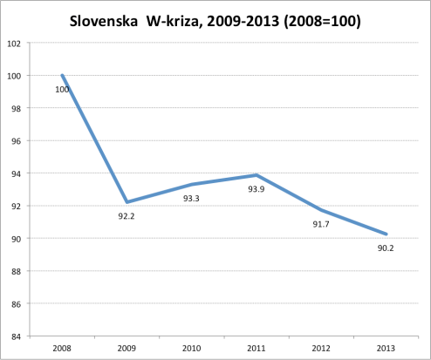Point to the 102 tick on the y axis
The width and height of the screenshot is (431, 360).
pos(15,43)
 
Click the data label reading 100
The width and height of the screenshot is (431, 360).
pos(62,89)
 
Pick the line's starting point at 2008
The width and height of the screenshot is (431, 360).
pos(62,75)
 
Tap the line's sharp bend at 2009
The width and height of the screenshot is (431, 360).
pos(127,202)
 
